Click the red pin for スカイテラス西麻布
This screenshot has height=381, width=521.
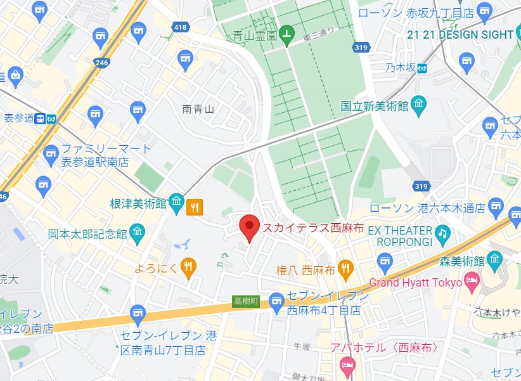(x=249, y=227)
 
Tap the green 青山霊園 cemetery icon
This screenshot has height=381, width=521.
(x=286, y=36)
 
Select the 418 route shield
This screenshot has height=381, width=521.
(x=180, y=26)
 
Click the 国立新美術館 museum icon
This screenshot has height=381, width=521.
(x=419, y=105)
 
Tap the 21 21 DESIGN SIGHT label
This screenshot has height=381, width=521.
(x=460, y=35)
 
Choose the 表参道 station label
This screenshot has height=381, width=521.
(x=18, y=118)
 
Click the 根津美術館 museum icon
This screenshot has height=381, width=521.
(x=177, y=203)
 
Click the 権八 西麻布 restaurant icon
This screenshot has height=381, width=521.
(x=345, y=268)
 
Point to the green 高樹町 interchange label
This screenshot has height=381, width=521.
(x=245, y=302)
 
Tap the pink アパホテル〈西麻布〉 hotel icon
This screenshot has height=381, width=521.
(x=347, y=365)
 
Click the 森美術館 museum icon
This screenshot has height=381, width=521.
(x=495, y=260)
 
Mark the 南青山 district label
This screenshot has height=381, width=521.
(x=198, y=109)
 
